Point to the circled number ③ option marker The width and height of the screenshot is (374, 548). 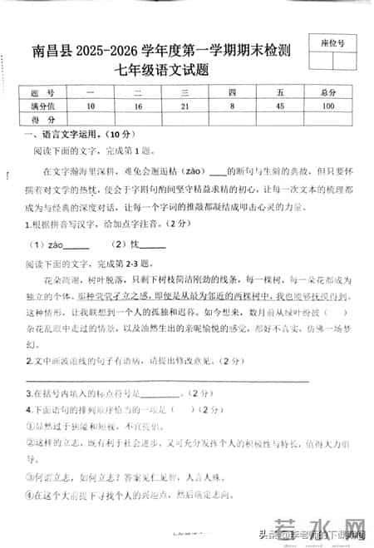click(27, 477)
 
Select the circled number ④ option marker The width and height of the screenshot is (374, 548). click(27, 497)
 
